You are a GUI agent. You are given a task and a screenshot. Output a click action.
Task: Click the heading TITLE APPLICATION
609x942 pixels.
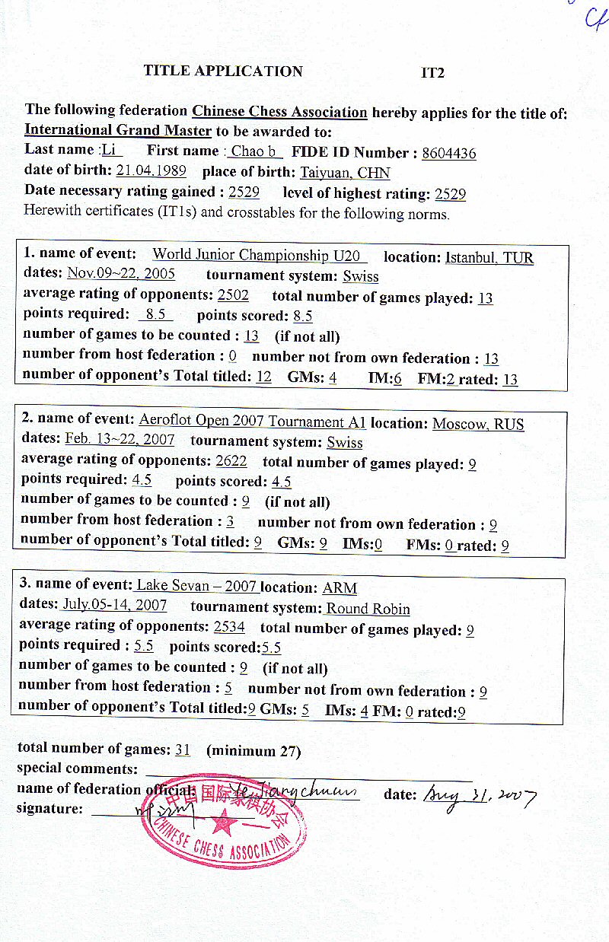point(223,72)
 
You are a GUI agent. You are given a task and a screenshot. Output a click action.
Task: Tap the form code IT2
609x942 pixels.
point(432,73)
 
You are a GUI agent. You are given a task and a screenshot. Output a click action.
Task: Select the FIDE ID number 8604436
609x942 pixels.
point(448,153)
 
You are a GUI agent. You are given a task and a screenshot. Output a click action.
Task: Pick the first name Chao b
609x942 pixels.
point(254,151)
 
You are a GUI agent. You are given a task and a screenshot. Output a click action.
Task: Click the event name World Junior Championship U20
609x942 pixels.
point(259,255)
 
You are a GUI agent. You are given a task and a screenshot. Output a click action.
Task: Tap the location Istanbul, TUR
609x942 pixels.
point(489,257)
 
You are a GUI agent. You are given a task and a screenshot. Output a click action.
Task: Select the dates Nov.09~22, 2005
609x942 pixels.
point(121,274)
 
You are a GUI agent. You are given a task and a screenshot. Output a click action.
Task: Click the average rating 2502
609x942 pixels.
point(233,295)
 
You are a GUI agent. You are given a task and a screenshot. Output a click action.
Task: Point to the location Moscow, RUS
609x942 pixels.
point(478,424)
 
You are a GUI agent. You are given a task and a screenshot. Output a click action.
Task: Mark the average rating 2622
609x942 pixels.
point(231,461)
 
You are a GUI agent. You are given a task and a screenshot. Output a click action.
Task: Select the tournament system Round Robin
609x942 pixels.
point(368,609)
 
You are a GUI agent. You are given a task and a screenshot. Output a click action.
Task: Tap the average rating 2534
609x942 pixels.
point(229,627)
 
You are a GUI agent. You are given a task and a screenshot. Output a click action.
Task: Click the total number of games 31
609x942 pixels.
point(183,750)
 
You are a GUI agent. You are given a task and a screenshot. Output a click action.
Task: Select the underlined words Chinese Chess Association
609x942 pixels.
point(279,112)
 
